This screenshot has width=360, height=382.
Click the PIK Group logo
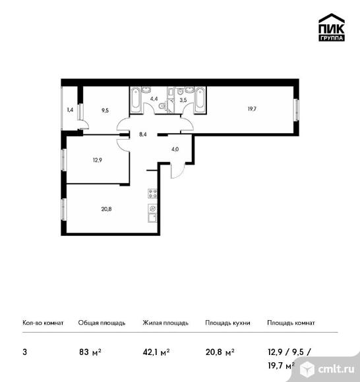coord(332,27)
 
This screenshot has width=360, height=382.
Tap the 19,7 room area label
coord(252,109)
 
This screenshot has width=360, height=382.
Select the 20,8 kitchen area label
coord(106,209)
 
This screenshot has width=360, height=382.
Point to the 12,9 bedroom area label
coord(97,160)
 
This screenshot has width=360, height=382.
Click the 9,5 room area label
coord(105,111)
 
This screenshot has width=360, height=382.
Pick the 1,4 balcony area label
coord(70,110)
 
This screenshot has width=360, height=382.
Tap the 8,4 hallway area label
coord(143,134)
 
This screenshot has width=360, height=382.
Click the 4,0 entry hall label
coord(175,149)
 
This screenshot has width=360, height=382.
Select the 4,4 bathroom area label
coord(154,99)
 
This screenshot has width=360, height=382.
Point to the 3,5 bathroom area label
coord(183,99)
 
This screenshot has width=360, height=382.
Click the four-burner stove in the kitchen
coord(152,194)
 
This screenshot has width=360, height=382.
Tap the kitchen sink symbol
coord(152,217)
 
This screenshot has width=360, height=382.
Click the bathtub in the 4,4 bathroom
coord(136,99)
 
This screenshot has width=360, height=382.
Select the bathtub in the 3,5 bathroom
coord(200,99)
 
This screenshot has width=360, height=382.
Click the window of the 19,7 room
coord(296,109)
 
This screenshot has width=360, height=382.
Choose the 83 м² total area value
coord(90,352)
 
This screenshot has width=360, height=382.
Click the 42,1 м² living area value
coord(156,352)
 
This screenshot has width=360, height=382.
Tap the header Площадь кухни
coord(227,323)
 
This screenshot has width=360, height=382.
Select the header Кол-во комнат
coord(43,323)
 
